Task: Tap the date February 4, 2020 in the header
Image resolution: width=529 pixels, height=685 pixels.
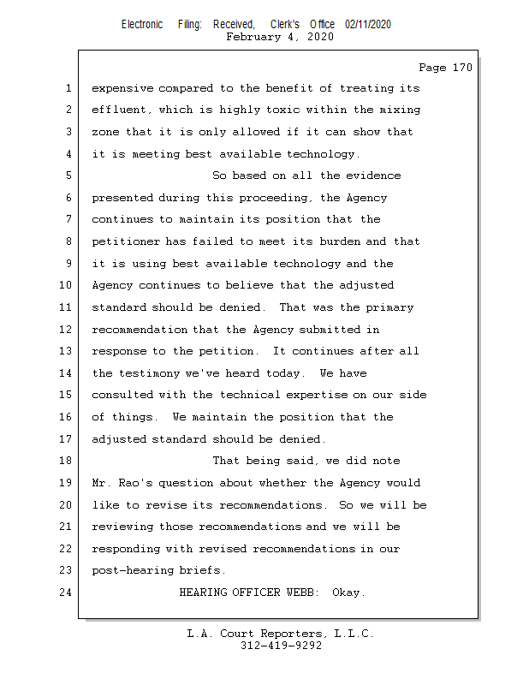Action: (x=280, y=37)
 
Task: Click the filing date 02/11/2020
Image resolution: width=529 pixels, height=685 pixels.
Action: (x=368, y=25)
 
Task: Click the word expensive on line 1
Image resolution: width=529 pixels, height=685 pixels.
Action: (x=123, y=88)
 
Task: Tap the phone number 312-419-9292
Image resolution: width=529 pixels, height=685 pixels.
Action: (x=281, y=646)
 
